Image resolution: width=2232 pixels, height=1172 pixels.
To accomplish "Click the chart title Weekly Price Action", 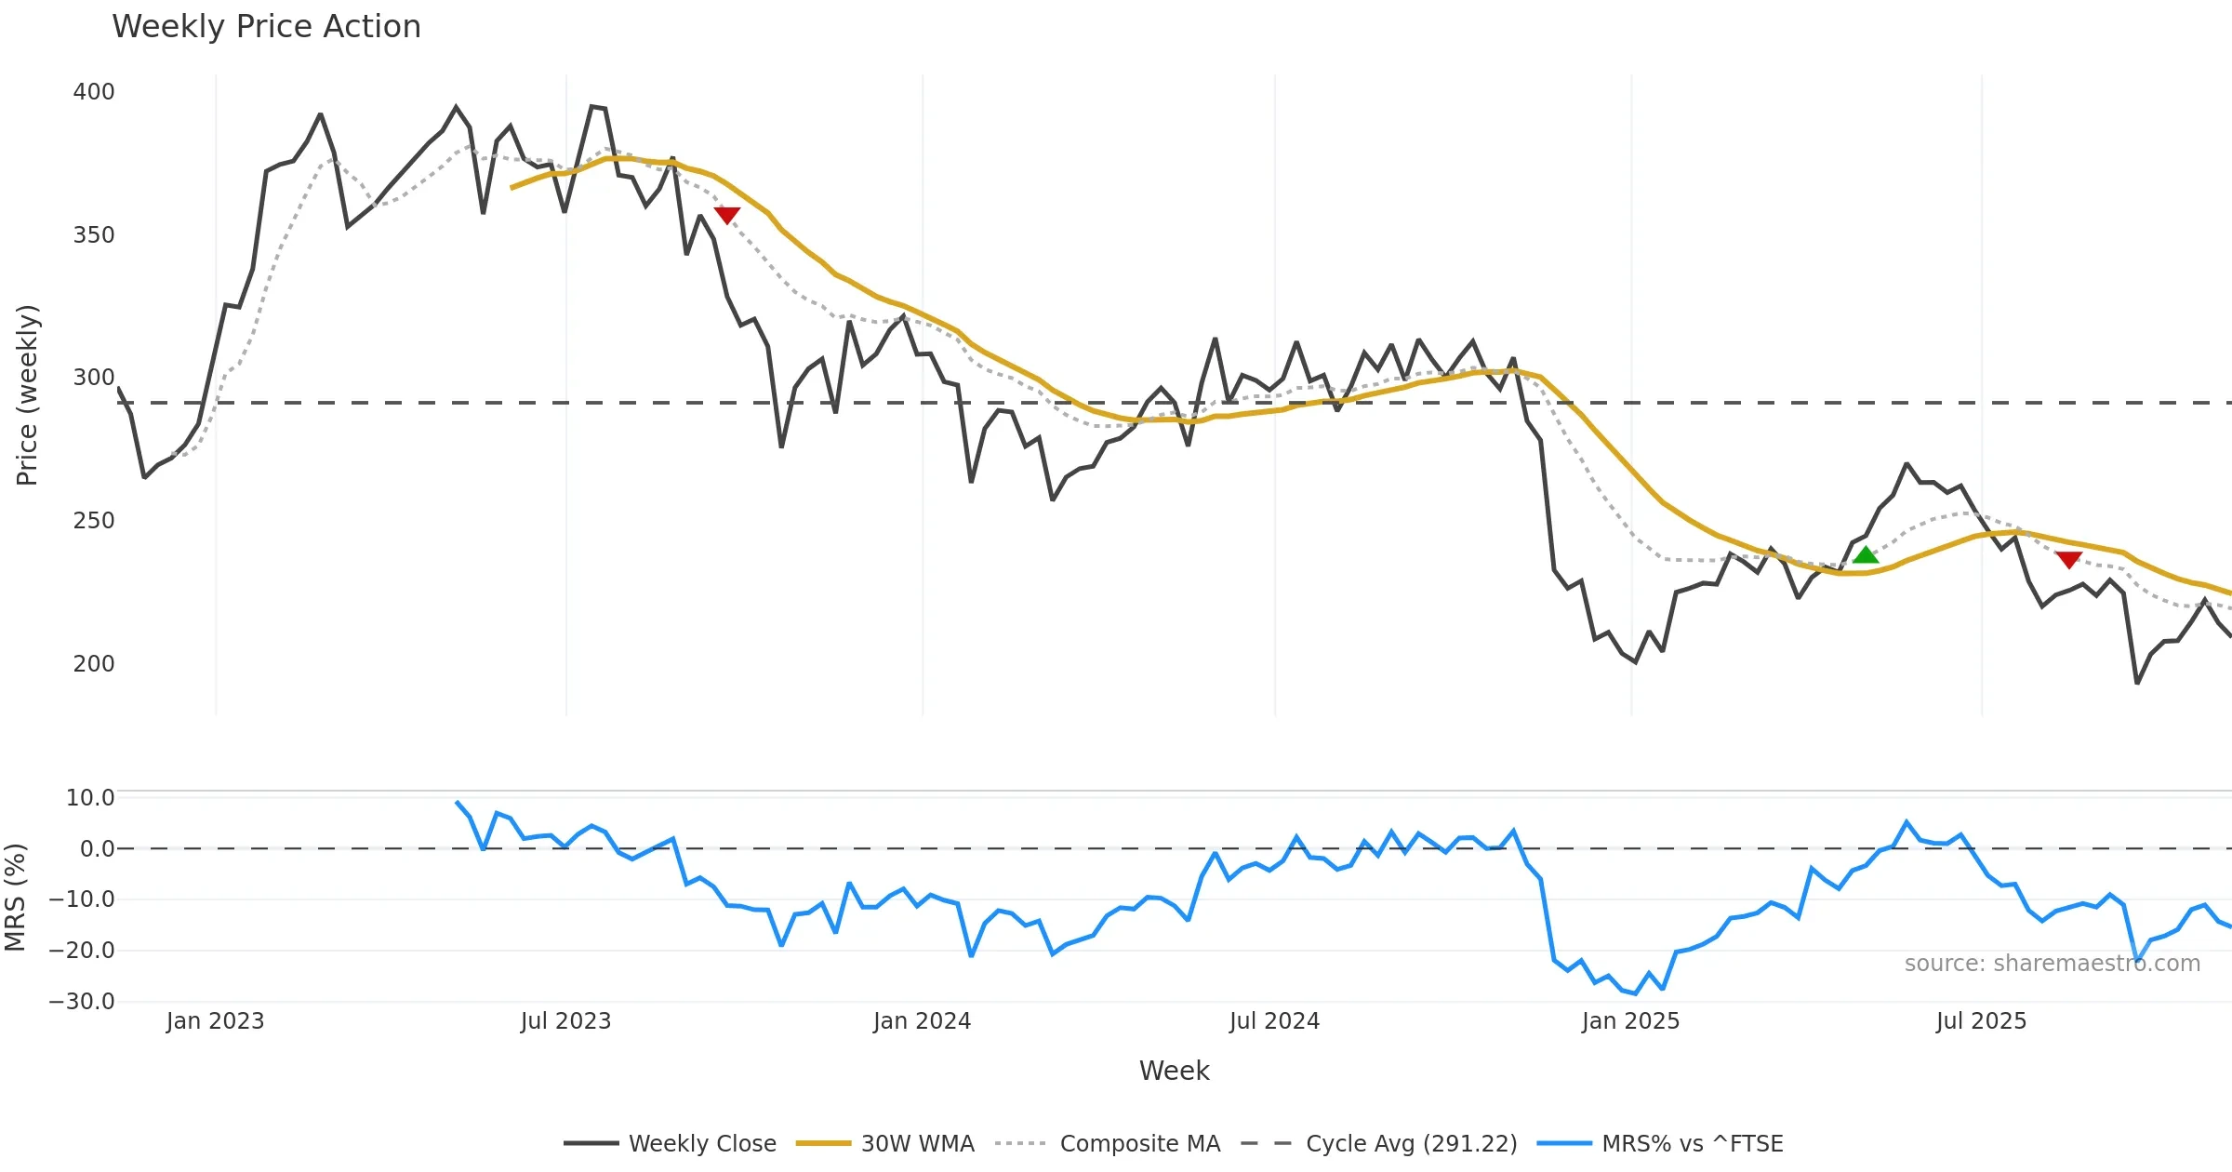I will tap(266, 27).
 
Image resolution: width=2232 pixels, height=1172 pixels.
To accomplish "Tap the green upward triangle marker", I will tap(1865, 555).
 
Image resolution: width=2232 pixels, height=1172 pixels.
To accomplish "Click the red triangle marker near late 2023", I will tap(726, 215).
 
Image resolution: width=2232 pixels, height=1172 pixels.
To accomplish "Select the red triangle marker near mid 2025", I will tap(2068, 559).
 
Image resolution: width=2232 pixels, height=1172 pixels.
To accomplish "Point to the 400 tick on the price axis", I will tap(94, 92).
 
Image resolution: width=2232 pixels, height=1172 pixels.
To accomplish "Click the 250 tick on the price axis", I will tap(94, 521).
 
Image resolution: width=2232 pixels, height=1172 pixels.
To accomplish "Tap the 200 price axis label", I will tap(94, 664).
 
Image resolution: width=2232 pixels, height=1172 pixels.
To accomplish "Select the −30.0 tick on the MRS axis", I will tap(82, 1002).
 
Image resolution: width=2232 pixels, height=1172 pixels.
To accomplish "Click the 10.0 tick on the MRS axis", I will tap(90, 798).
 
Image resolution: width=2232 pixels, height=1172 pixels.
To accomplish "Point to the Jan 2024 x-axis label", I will tap(922, 1021).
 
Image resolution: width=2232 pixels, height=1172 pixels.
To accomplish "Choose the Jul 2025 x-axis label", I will tap(1981, 1021).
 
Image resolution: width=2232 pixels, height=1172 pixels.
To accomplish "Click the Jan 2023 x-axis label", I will tap(216, 1021).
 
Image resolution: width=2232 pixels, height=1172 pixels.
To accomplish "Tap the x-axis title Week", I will tap(1174, 1071).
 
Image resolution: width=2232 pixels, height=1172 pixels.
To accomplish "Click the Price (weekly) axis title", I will tap(27, 395).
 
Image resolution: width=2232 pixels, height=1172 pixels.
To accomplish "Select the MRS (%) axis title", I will tap(15, 898).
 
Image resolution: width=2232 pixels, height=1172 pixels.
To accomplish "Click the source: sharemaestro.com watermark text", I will tap(2052, 964).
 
